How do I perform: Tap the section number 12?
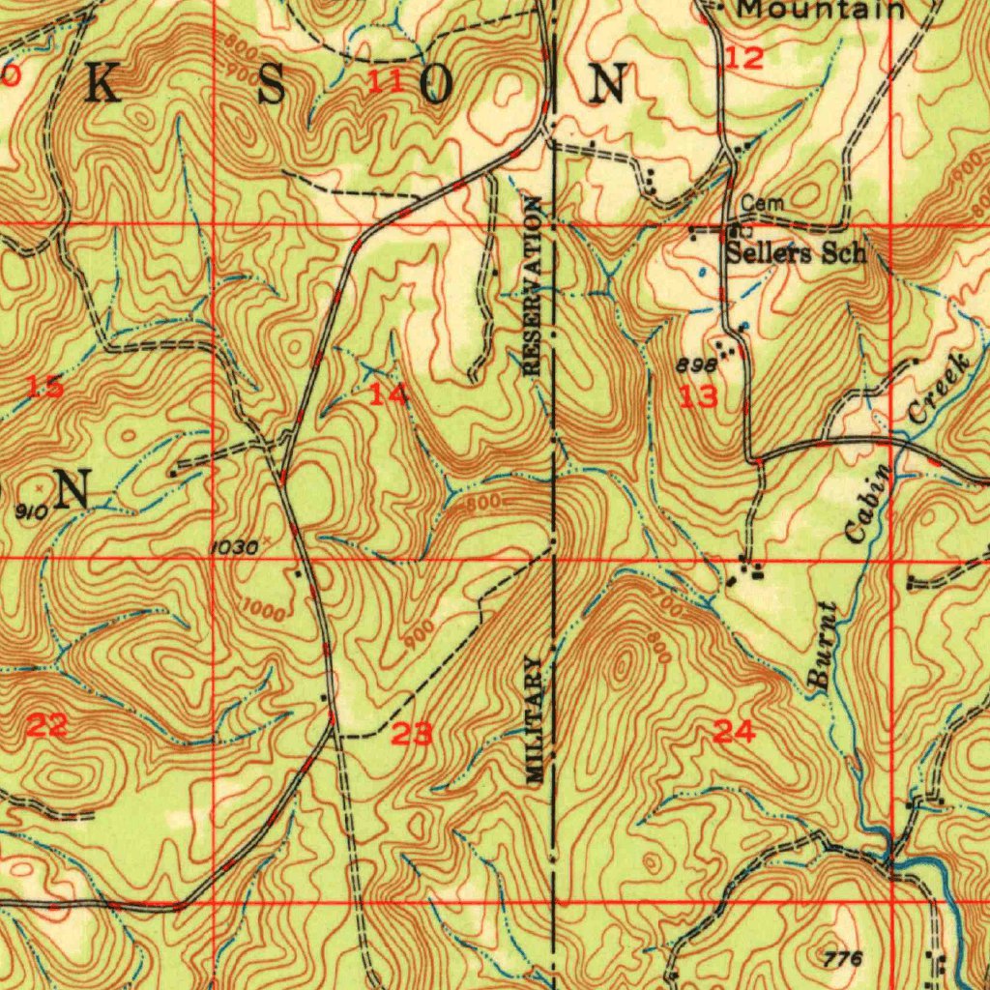(x=744, y=58)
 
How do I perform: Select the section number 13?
(x=698, y=396)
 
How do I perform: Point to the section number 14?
(x=388, y=394)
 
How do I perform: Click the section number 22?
(x=45, y=725)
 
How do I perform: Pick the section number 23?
(x=412, y=735)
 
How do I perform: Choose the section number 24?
(x=735, y=732)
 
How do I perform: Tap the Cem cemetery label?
(x=763, y=204)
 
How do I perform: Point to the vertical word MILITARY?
(x=536, y=718)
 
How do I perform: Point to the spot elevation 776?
(x=844, y=957)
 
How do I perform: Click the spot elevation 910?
(x=31, y=512)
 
